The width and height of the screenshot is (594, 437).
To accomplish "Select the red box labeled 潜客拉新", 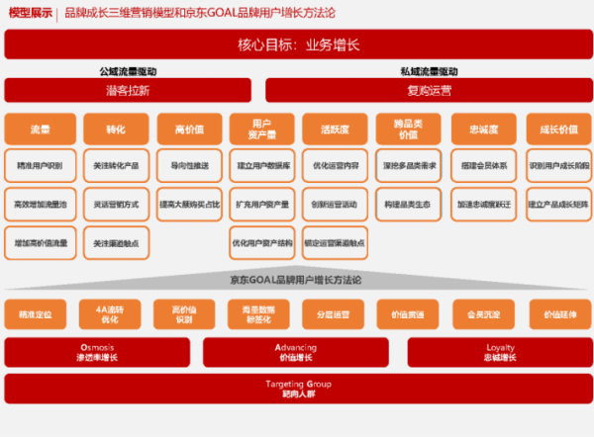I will (x=128, y=91).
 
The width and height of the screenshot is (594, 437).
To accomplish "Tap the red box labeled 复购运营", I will (x=429, y=91).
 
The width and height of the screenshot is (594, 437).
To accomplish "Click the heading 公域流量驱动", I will (x=128, y=72).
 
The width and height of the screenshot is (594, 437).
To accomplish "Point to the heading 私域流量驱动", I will (x=429, y=72).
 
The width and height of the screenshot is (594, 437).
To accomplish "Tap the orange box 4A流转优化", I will (x=108, y=314).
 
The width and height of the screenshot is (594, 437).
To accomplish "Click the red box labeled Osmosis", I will (x=97, y=352).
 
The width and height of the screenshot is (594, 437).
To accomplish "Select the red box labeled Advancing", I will (x=296, y=352).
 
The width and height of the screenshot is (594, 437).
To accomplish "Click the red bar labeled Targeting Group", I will (x=296, y=389).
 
